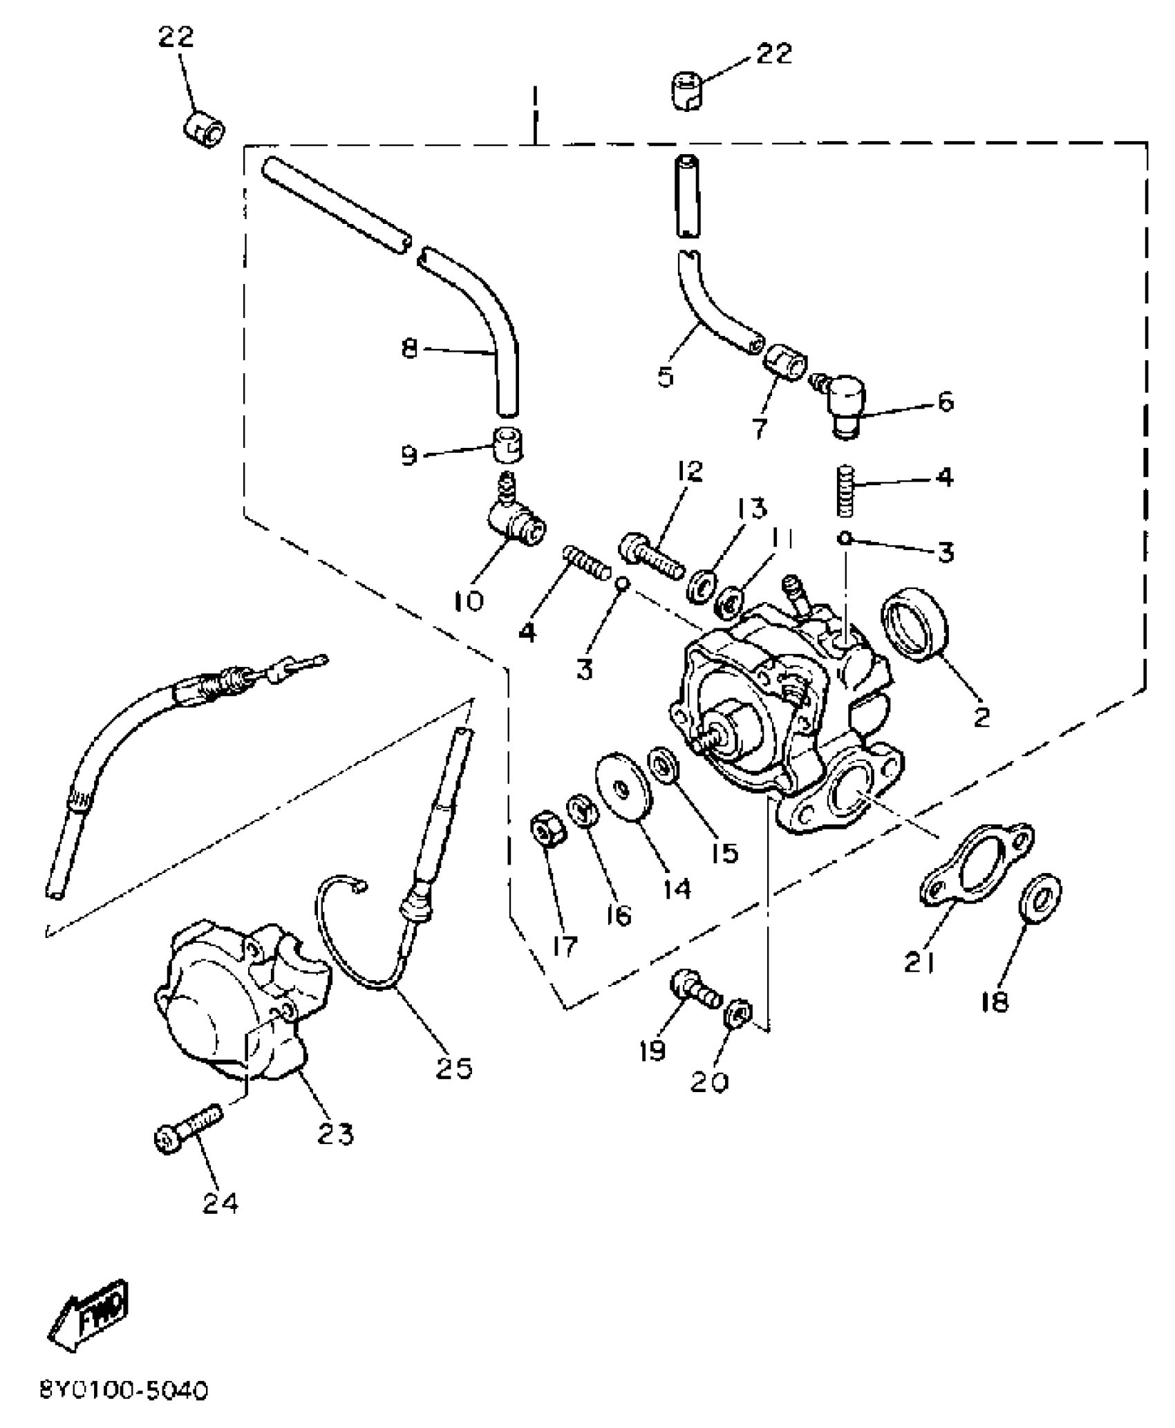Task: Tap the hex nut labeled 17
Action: click(548, 828)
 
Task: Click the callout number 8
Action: click(410, 349)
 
